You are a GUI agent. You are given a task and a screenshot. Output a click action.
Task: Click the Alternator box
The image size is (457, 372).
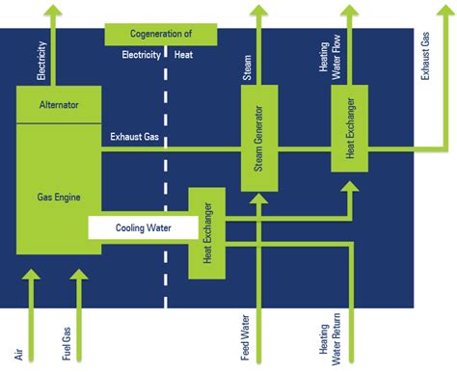[58, 104]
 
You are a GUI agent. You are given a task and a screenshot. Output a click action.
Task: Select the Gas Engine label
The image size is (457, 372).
[58, 197]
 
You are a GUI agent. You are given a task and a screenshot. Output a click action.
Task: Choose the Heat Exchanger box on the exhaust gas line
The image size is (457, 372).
[349, 125]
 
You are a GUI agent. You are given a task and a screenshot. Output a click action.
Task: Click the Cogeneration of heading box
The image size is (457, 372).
[160, 35]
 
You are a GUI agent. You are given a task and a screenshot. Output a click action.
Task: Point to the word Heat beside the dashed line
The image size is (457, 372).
[183, 54]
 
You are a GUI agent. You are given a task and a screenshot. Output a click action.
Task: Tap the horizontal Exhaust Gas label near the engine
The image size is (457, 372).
[134, 136]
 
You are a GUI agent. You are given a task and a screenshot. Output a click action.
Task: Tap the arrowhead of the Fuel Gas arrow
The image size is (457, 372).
[78, 279]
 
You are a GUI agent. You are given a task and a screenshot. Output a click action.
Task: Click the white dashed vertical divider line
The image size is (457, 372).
[163, 193]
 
